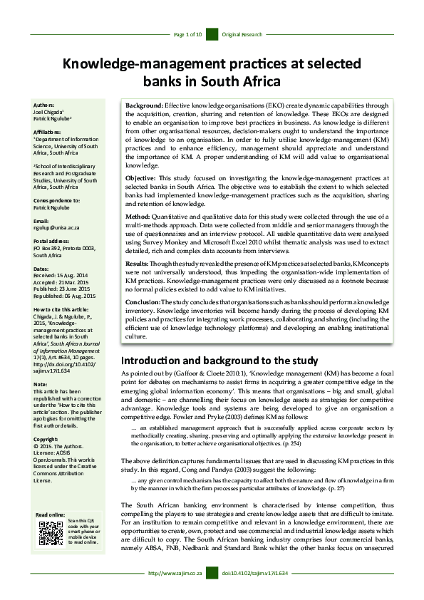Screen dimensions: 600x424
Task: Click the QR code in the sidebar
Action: [50, 533]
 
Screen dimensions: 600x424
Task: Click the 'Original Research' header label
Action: [242, 34]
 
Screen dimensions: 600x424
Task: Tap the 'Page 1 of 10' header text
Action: [189, 34]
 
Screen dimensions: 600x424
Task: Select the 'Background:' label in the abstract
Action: [144, 105]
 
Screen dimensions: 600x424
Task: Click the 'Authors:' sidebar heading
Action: [45, 105]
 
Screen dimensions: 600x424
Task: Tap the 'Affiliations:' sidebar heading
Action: [49, 132]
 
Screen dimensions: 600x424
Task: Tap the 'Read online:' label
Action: [50, 514]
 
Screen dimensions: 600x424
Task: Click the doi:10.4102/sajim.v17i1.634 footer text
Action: [254, 592]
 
